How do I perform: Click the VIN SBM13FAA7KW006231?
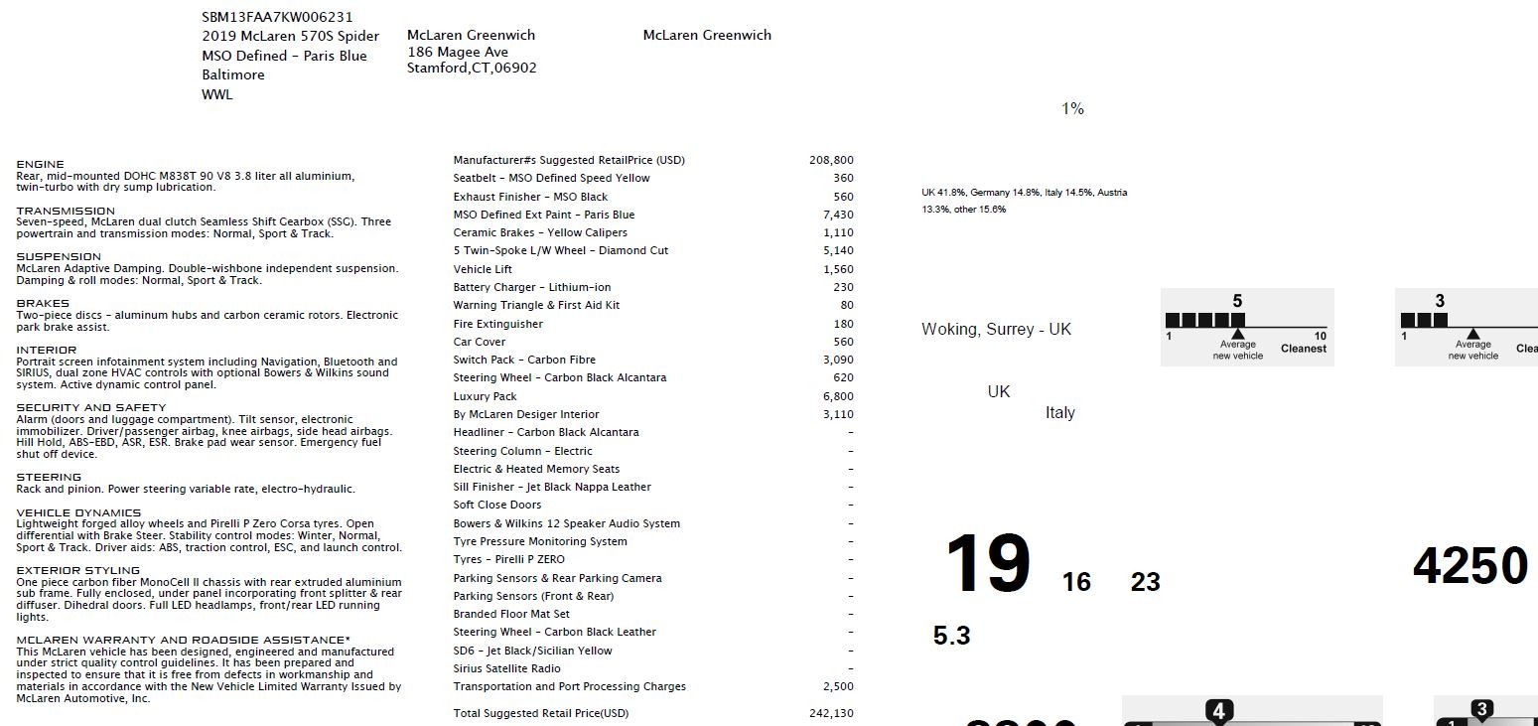tap(277, 17)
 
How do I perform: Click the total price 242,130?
tap(831, 713)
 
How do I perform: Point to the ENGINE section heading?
tap(40, 164)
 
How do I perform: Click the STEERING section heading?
tap(49, 477)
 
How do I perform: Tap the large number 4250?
tap(1469, 566)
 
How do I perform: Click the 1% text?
tap(1072, 109)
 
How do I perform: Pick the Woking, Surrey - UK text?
tap(996, 329)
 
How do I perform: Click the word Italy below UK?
tap(1059, 413)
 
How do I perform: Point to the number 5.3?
tap(951, 636)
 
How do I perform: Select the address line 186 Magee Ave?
tap(458, 52)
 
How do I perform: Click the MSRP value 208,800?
tap(831, 160)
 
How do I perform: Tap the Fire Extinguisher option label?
tap(497, 324)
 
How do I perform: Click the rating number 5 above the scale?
tap(1237, 301)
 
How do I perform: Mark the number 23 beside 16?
tap(1145, 582)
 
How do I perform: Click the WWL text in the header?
tap(216, 94)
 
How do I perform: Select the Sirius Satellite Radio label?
tap(506, 668)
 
